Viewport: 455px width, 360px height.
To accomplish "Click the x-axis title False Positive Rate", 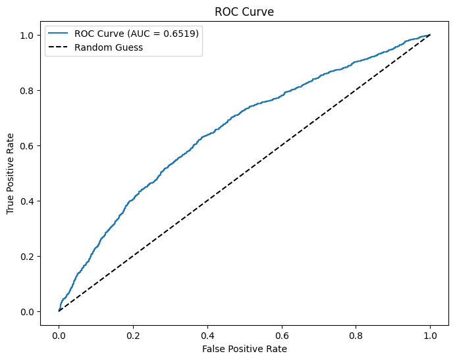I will [x=244, y=348].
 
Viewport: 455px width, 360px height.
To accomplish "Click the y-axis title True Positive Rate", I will [x=11, y=172].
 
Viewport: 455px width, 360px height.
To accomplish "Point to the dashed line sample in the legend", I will [x=58, y=47].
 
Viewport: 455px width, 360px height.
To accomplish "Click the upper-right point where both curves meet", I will [x=430, y=35].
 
